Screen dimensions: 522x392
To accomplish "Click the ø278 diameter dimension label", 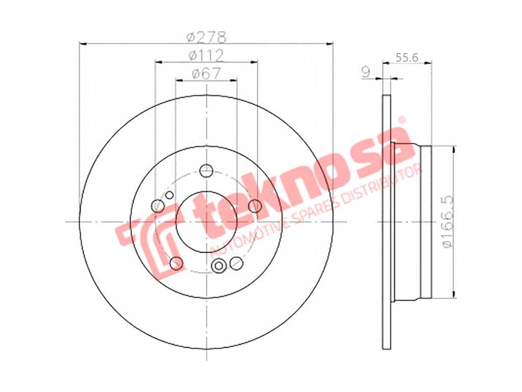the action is [x=206, y=37].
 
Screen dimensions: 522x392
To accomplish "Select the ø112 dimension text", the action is [x=206, y=56].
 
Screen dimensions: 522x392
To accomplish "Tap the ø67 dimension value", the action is [x=206, y=73].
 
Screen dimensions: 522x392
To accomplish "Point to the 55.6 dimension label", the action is [x=406, y=58].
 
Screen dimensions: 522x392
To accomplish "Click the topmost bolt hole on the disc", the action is [x=206, y=171].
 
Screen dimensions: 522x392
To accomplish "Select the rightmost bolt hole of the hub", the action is [x=255, y=206].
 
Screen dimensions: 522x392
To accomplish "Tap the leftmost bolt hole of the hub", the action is [x=158, y=206].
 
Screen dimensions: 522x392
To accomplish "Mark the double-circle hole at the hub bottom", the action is [x=219, y=265].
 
